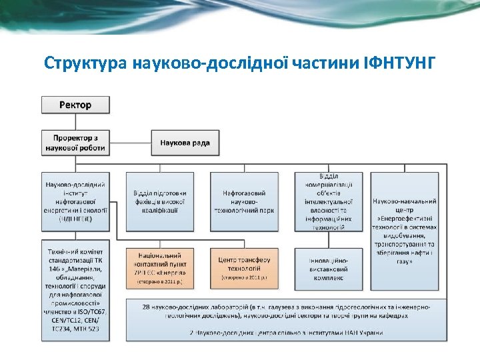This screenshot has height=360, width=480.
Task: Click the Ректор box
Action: (75, 105)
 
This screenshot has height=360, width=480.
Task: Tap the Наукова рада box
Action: (185, 143)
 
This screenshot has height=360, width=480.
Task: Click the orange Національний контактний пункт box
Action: (159, 267)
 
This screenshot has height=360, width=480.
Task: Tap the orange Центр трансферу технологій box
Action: (244, 267)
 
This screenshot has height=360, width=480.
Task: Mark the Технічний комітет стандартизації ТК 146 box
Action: (75, 290)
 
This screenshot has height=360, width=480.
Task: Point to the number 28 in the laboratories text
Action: (146, 306)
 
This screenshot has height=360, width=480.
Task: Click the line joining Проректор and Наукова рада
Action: (134, 143)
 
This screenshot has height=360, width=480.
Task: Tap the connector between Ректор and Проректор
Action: (75, 121)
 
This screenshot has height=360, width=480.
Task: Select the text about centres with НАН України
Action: (287, 332)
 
